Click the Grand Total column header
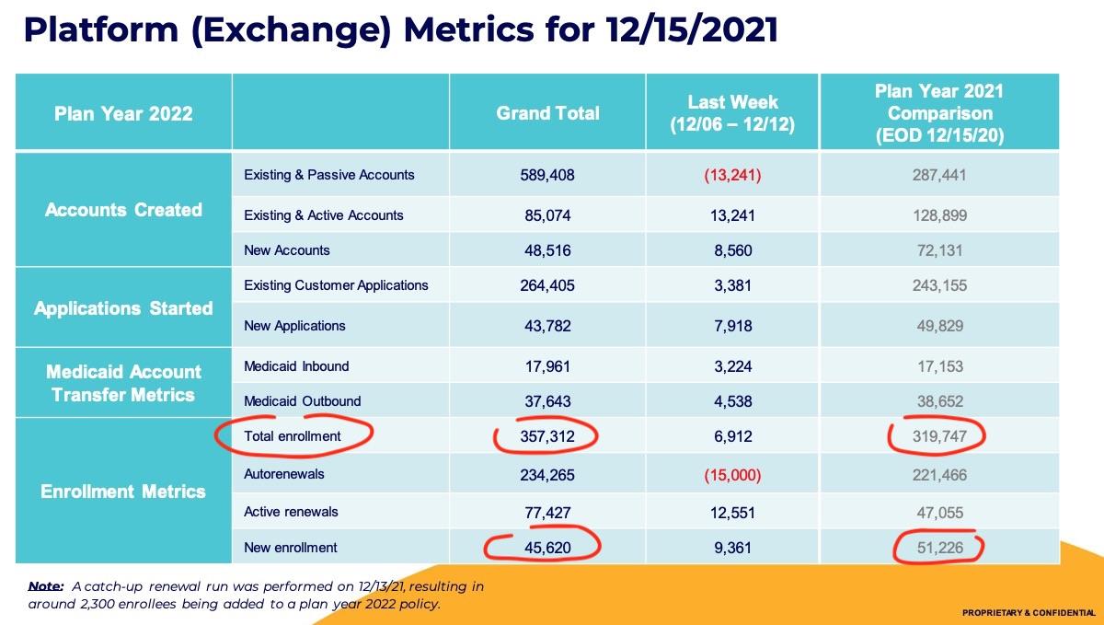click(547, 113)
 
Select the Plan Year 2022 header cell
click(123, 113)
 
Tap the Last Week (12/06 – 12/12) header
click(732, 113)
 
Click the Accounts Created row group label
click(123, 210)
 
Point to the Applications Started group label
click(123, 308)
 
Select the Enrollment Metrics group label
click(123, 492)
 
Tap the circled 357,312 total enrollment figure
click(547, 436)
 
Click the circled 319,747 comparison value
click(939, 436)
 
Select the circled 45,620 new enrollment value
click(547, 548)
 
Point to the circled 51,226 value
click(939, 548)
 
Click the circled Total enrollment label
click(293, 436)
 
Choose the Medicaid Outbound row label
click(302, 401)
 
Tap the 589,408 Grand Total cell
click(547, 175)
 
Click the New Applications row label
click(294, 326)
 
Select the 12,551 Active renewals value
click(732, 512)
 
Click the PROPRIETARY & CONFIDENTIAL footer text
click(1028, 613)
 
